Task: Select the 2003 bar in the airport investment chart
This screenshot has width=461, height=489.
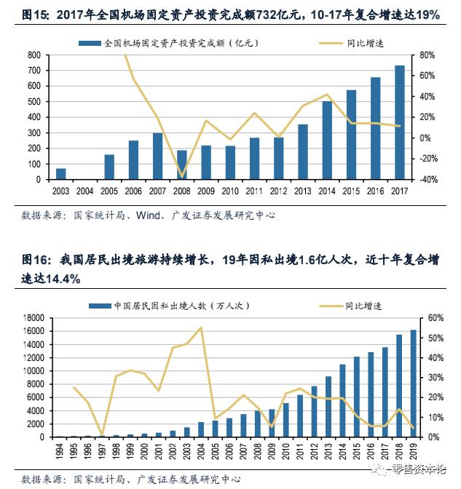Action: click(61, 174)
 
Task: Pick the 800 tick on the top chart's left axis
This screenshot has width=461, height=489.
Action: click(34, 55)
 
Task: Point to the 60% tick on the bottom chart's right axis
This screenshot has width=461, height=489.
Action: click(434, 318)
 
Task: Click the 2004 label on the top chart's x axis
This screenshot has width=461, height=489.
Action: click(85, 191)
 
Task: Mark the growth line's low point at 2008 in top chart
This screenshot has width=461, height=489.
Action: click(182, 176)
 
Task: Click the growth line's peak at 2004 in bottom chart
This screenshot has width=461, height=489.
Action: click(200, 327)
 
